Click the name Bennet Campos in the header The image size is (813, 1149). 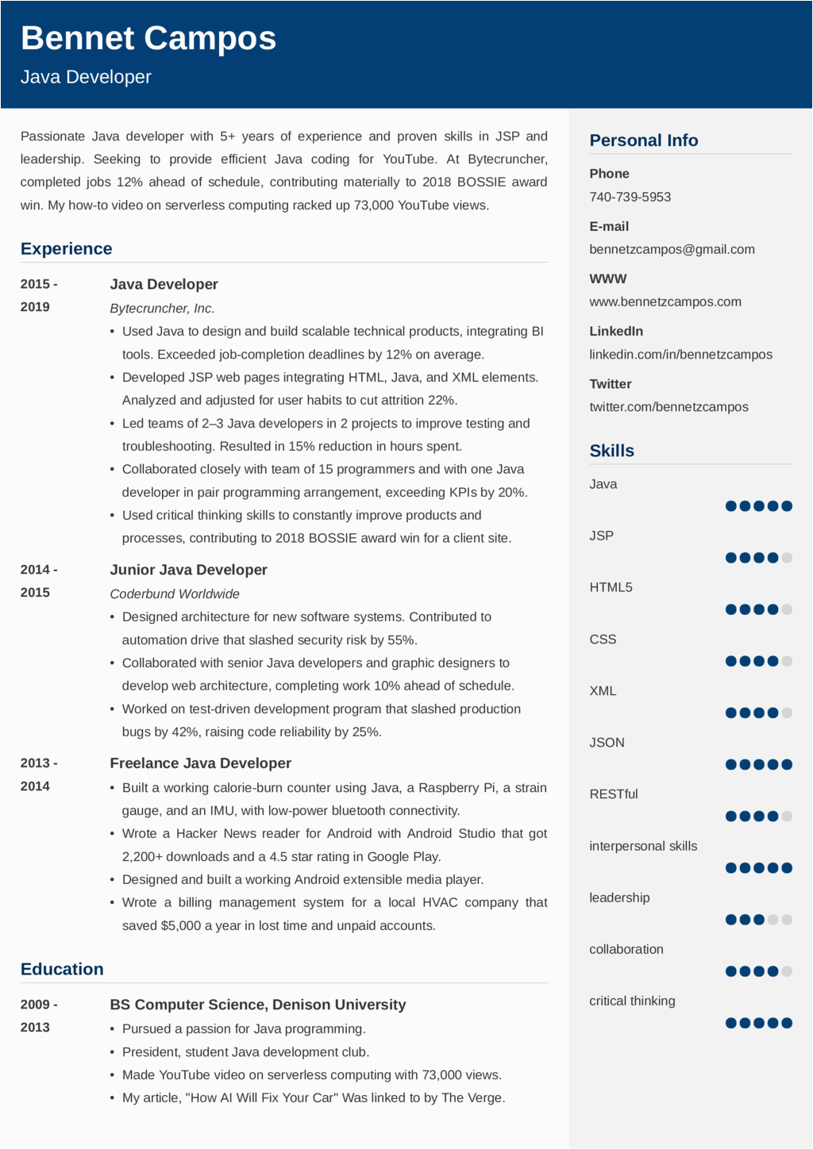coord(148,38)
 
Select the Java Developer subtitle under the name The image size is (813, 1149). coord(86,77)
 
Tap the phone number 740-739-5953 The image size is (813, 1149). coord(630,197)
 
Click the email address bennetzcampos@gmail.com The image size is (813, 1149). coord(672,249)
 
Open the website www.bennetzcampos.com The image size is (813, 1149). coord(665,302)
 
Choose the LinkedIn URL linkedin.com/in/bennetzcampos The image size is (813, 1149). coord(680,355)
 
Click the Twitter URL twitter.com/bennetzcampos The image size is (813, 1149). coord(669,407)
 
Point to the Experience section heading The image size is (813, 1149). coord(67,249)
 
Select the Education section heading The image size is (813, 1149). coord(62,970)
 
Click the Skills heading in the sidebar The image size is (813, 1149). coord(611,451)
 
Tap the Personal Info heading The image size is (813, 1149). coord(643,140)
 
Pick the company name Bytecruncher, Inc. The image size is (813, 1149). coord(162,308)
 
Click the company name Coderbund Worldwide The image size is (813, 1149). coord(175,594)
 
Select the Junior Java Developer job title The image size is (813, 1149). coord(188,570)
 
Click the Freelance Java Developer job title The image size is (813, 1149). coord(200,763)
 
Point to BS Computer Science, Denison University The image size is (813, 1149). coord(257,1005)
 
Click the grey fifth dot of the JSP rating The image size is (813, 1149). coord(787,558)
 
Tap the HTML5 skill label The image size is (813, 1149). coord(611,587)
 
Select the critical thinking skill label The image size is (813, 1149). coord(632,1001)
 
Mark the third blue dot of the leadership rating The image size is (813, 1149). coord(759,920)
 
